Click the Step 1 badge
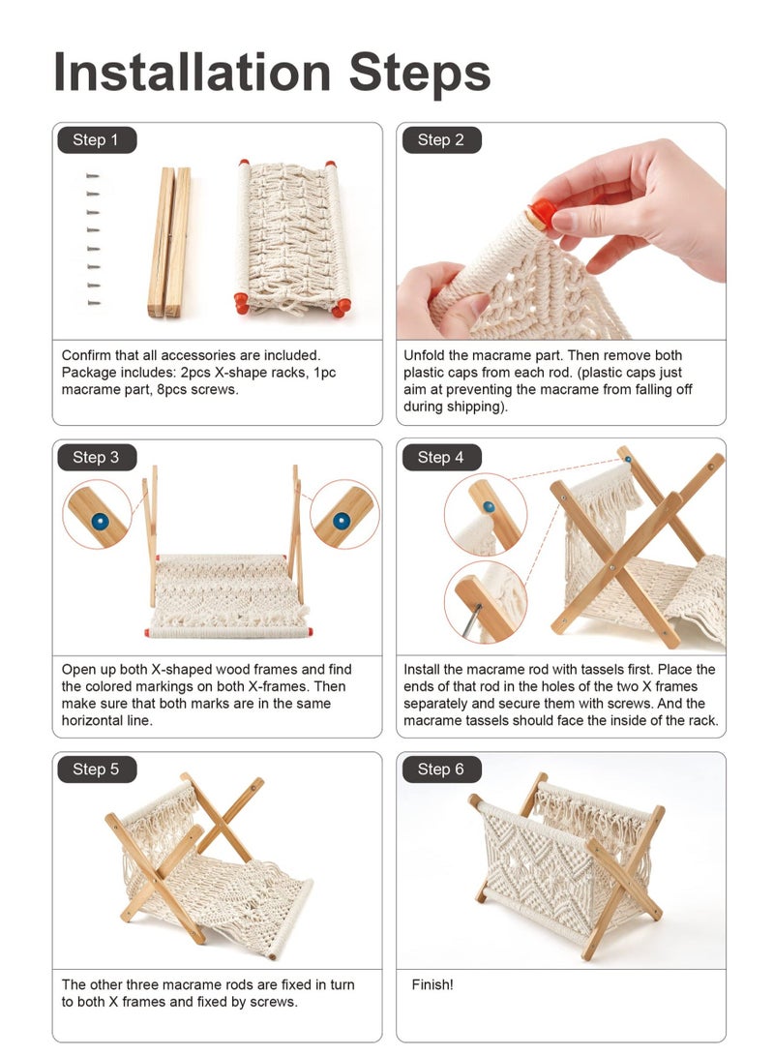tap(96, 140)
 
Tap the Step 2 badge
tap(441, 140)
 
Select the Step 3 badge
tap(96, 457)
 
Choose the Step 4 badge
tap(441, 457)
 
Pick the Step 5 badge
tap(96, 769)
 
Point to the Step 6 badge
tap(441, 769)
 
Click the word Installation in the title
tap(192, 72)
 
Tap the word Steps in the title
tap(420, 75)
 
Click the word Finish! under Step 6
tap(432, 984)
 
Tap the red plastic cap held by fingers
tap(542, 214)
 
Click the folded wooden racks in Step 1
tap(169, 242)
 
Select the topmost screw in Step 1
tap(93, 176)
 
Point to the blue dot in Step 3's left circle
tap(100, 521)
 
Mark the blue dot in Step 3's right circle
tap(342, 520)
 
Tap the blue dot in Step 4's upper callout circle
tap(490, 506)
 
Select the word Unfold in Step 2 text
tap(424, 355)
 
